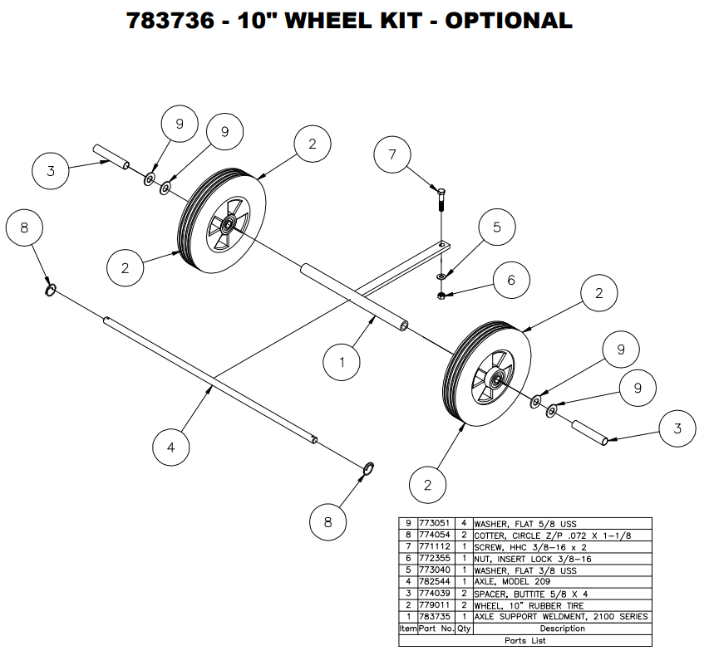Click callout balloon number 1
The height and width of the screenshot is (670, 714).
(342, 362)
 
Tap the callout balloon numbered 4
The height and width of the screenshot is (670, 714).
(171, 447)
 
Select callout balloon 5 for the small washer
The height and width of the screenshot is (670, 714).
(496, 226)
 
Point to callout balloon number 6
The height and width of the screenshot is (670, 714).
(511, 280)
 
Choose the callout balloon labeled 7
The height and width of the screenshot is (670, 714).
(393, 154)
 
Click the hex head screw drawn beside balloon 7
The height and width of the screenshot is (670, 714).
(441, 199)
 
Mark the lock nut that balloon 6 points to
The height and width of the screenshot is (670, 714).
(441, 295)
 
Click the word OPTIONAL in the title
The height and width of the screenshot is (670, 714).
(508, 21)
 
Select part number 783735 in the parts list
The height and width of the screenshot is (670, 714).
(436, 617)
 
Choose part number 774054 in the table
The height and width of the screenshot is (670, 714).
(436, 536)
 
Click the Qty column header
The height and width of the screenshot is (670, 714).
(464, 628)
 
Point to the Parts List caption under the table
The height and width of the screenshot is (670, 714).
(524, 640)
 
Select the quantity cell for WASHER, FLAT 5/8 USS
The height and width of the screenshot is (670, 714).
(464, 525)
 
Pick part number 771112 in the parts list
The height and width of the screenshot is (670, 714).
(436, 548)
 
